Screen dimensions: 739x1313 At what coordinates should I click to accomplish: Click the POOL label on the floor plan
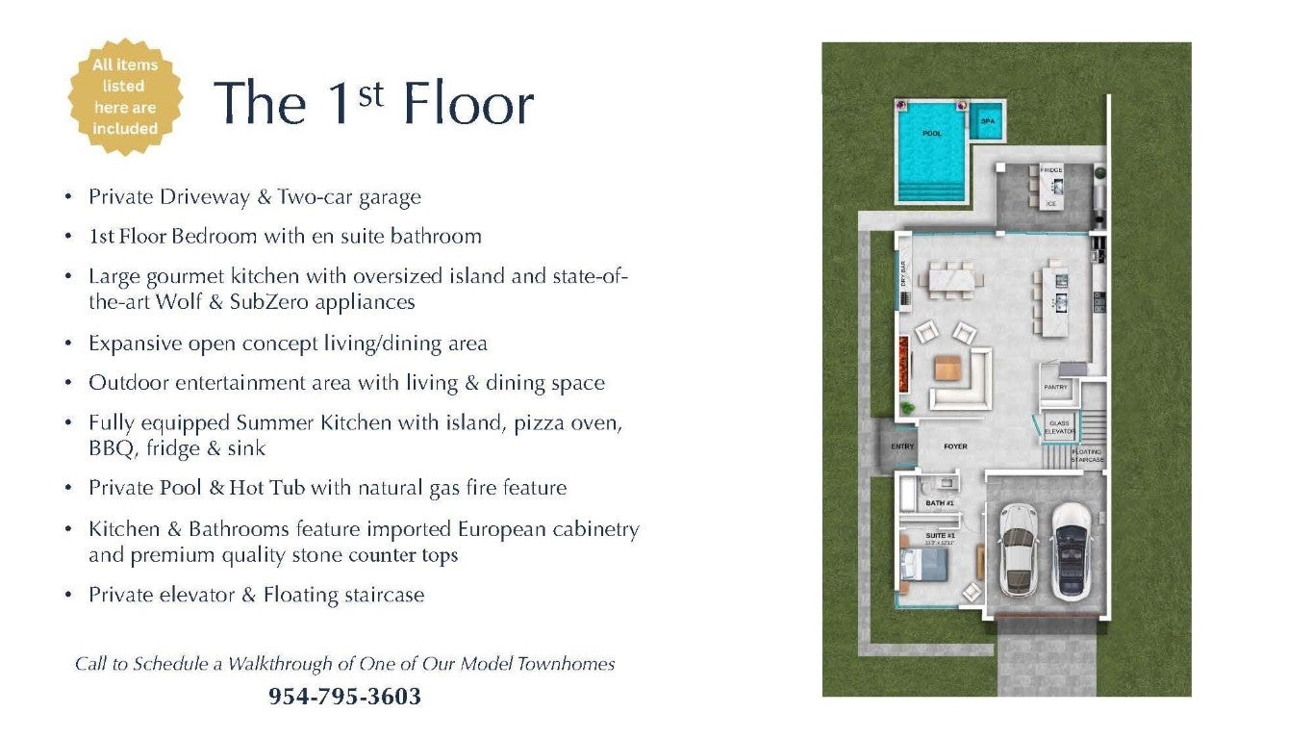tap(931, 134)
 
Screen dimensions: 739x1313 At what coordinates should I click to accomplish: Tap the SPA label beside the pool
tap(987, 122)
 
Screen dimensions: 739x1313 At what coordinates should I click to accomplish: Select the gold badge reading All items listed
tap(125, 96)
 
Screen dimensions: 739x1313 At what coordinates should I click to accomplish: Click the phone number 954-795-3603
tap(344, 697)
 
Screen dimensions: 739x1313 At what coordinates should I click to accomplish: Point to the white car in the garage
tap(1017, 549)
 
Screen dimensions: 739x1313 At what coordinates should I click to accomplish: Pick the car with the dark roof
tap(1072, 549)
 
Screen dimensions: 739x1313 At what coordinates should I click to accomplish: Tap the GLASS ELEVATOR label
tap(1059, 427)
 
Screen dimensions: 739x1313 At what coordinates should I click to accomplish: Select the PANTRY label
tap(1055, 387)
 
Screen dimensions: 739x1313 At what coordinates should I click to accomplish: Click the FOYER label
tap(955, 446)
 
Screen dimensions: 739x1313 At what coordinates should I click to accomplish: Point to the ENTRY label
tap(902, 446)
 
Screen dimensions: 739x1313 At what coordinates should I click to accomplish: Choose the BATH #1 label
tap(940, 503)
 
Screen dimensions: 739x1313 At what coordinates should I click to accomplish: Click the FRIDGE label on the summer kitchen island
tap(1051, 170)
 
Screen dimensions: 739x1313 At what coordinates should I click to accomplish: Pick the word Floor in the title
tap(468, 103)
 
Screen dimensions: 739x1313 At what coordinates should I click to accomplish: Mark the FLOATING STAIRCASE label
tap(1087, 456)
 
